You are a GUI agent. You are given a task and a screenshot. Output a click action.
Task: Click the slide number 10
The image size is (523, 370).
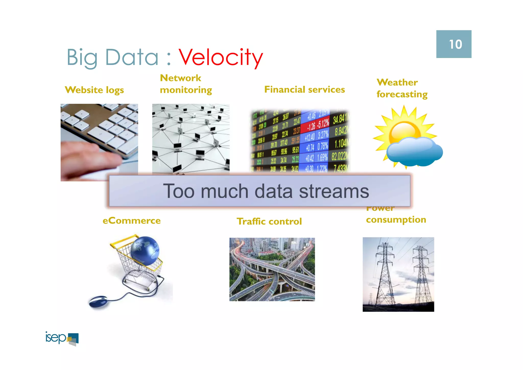pos(455,44)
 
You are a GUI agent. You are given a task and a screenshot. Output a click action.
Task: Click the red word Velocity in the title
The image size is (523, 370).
pos(221,58)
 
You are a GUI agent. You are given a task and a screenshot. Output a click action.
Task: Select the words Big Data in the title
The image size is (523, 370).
pos(112,58)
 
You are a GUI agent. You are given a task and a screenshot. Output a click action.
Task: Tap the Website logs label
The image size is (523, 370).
pos(94,90)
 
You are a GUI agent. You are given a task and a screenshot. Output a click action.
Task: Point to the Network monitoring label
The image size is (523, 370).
pos(186,84)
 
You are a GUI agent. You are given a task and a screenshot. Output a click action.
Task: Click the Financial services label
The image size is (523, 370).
pos(304,90)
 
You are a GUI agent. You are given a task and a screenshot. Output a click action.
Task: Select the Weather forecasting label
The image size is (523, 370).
pos(402,88)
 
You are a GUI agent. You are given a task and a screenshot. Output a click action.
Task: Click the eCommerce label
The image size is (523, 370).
pos(132,221)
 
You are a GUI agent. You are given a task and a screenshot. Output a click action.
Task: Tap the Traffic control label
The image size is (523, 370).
pos(269,221)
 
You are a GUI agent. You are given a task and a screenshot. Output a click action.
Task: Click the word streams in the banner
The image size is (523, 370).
pos(334,191)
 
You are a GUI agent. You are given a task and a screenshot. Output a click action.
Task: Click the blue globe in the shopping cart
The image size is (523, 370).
pos(145,250)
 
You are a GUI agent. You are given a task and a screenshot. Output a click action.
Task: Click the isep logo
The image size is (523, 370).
pos(62,339)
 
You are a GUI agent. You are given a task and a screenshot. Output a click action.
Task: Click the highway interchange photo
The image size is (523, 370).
pos(272,269)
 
